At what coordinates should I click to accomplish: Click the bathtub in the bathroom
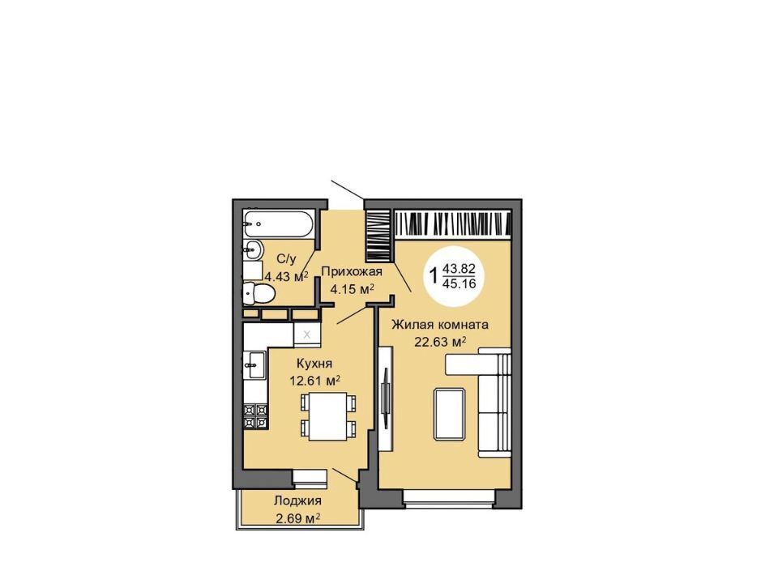point(278,224)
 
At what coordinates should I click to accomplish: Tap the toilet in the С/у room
point(259,293)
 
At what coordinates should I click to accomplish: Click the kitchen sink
point(255,364)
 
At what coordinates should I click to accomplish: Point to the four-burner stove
point(255,416)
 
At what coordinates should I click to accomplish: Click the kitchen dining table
point(328,416)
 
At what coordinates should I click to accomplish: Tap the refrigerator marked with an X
point(307,334)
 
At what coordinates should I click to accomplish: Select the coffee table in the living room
point(450,415)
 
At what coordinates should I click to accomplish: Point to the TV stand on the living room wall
point(386,398)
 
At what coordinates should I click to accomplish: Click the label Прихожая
point(352,271)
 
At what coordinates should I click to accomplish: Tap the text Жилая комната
point(440,325)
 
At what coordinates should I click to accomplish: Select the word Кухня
point(314,364)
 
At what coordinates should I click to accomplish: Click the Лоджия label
point(297,501)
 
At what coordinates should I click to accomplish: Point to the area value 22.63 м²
point(440,341)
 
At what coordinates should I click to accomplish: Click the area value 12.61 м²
point(314,381)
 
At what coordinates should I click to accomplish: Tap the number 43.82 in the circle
point(459,269)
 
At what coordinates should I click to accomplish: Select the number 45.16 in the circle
point(459,283)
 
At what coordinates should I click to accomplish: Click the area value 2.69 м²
point(297,518)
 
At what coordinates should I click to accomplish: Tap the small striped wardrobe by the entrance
point(379,236)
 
